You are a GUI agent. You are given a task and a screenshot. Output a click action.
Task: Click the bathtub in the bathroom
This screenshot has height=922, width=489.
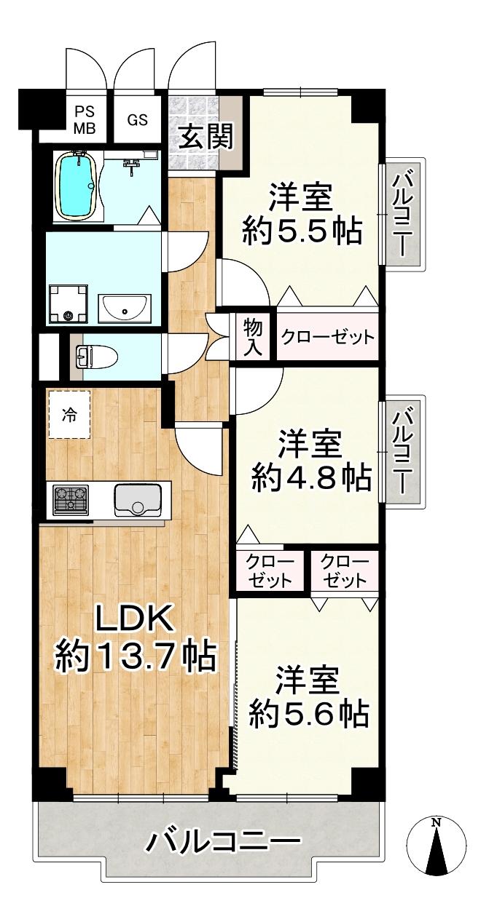pyautogui.click(x=76, y=186)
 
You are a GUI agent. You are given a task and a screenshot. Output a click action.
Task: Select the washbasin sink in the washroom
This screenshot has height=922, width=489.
pyautogui.click(x=125, y=309)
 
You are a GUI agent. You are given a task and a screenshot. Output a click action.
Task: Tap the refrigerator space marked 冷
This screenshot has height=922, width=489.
pyautogui.click(x=70, y=414)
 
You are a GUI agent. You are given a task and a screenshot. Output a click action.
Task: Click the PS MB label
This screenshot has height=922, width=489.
pyautogui.click(x=84, y=120)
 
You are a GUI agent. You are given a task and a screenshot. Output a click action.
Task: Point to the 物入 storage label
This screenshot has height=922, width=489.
pyautogui.click(x=252, y=337)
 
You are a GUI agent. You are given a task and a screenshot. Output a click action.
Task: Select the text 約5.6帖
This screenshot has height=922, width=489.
pyautogui.click(x=307, y=714)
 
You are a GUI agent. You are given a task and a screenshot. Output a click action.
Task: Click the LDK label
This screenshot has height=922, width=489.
pyautogui.click(x=136, y=619)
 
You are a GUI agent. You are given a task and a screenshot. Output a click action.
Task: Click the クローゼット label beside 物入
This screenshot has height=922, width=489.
pyautogui.click(x=328, y=337)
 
